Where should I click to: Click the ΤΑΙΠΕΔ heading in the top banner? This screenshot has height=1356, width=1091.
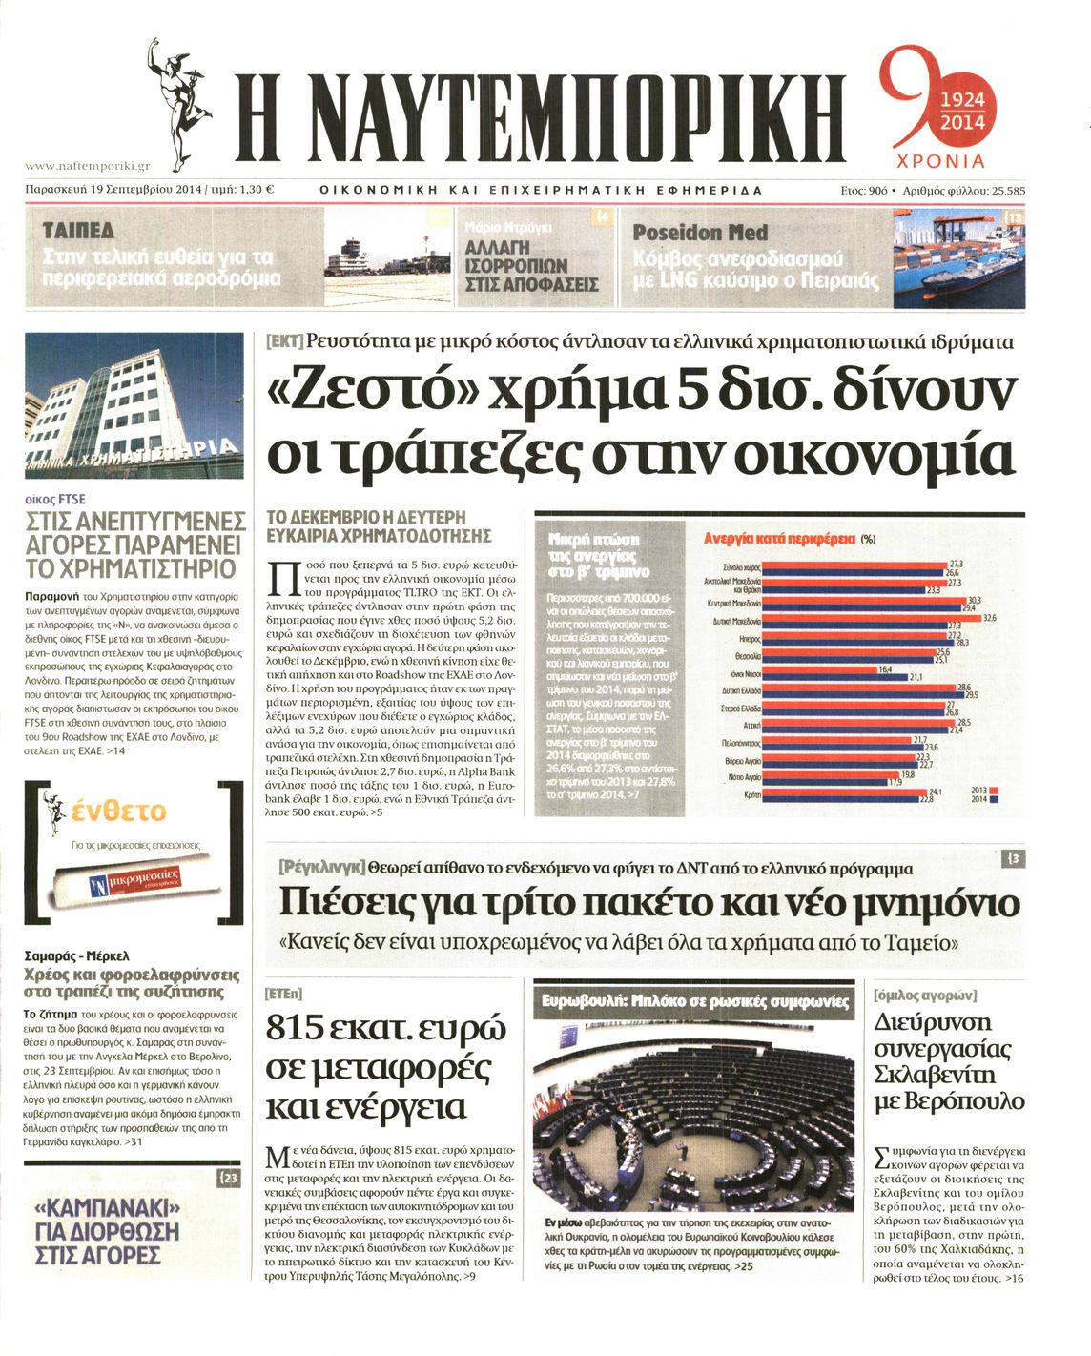click(x=79, y=232)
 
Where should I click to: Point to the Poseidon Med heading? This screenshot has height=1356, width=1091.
click(x=700, y=233)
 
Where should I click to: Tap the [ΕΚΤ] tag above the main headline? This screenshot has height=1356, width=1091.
click(x=284, y=341)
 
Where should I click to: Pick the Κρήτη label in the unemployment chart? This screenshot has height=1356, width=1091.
click(x=751, y=793)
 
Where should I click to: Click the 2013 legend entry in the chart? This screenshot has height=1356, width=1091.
click(x=983, y=791)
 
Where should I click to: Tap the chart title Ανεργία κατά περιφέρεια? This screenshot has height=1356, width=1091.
click(x=780, y=539)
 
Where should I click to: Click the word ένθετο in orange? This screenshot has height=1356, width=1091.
click(x=118, y=812)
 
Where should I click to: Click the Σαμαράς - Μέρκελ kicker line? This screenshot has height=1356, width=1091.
click(x=76, y=955)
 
